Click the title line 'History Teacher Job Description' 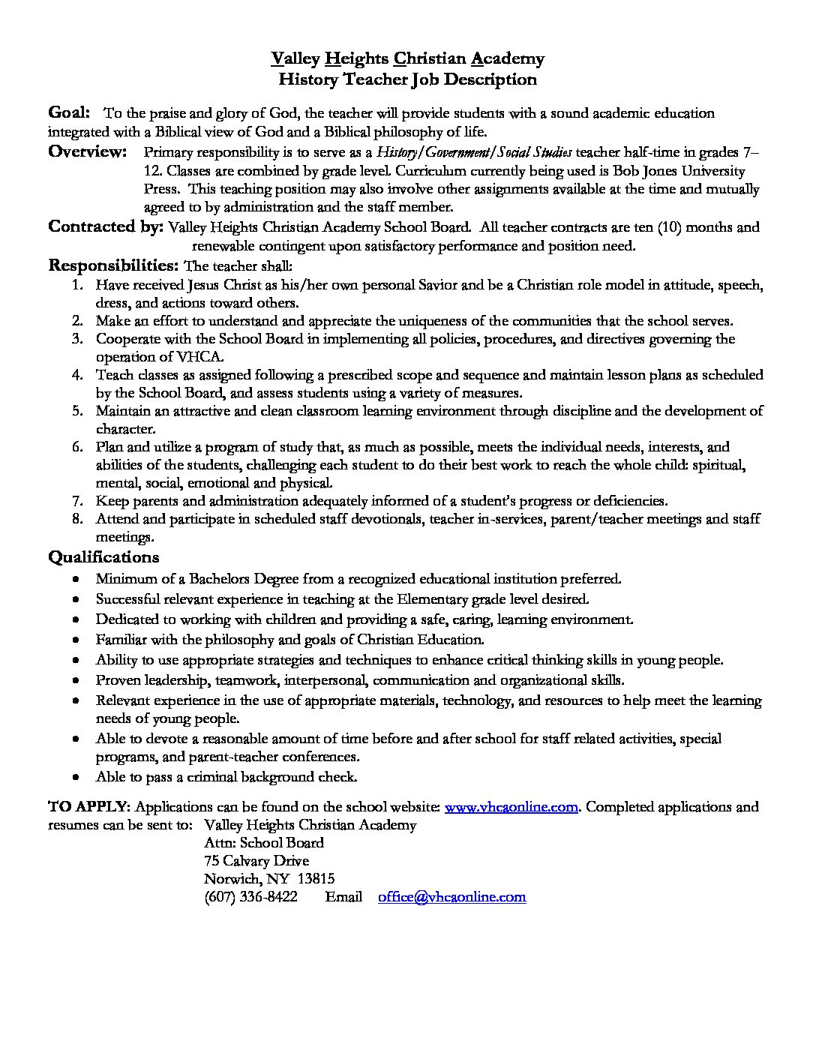407,79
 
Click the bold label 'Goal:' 69,112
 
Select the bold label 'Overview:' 88,152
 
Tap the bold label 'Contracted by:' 106,226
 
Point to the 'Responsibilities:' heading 113,265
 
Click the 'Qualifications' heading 103,557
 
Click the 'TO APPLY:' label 89,807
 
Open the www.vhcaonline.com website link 511,807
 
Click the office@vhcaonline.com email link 451,897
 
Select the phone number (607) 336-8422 250,897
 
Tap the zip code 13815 316,879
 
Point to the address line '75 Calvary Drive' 256,861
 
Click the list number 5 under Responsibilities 77,411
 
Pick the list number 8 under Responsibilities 77,519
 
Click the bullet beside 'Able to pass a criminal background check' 77,778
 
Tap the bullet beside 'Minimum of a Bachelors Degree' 77,580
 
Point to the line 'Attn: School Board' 264,843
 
